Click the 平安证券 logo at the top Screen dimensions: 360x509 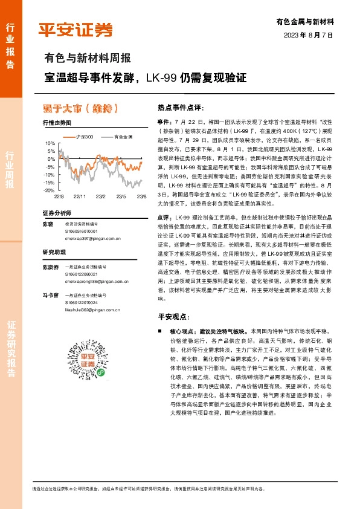(x=76, y=30)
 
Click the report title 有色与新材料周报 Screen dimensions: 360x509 (x=88, y=59)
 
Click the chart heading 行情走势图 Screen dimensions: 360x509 (x=57, y=123)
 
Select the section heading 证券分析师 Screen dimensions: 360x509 (x=57, y=213)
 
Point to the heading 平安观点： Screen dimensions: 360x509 (x=174, y=316)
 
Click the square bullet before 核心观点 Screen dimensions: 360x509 (x=159, y=332)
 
